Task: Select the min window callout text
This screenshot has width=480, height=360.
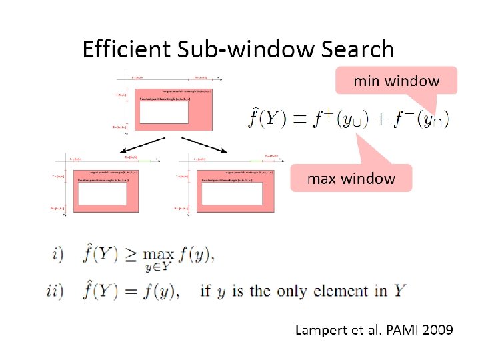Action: coord(396,81)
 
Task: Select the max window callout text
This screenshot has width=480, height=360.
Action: coord(351,179)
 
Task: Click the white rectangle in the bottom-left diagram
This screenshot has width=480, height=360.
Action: coord(102,193)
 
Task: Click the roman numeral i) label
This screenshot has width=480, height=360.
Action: coord(57,254)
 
